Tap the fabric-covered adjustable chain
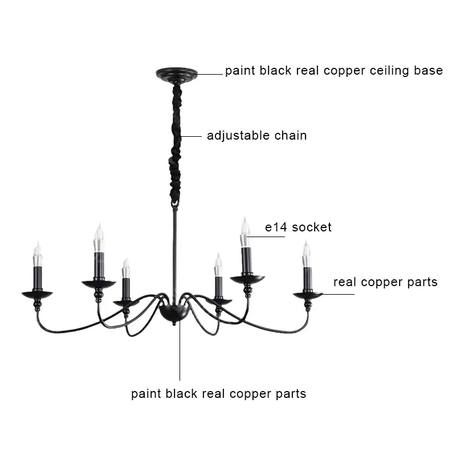click(x=177, y=142)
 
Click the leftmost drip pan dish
click(x=37, y=294)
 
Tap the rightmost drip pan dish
click(x=308, y=295)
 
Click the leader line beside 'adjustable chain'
click(x=192, y=136)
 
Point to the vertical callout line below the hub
click(x=180, y=353)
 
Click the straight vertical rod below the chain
click(x=174, y=251)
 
